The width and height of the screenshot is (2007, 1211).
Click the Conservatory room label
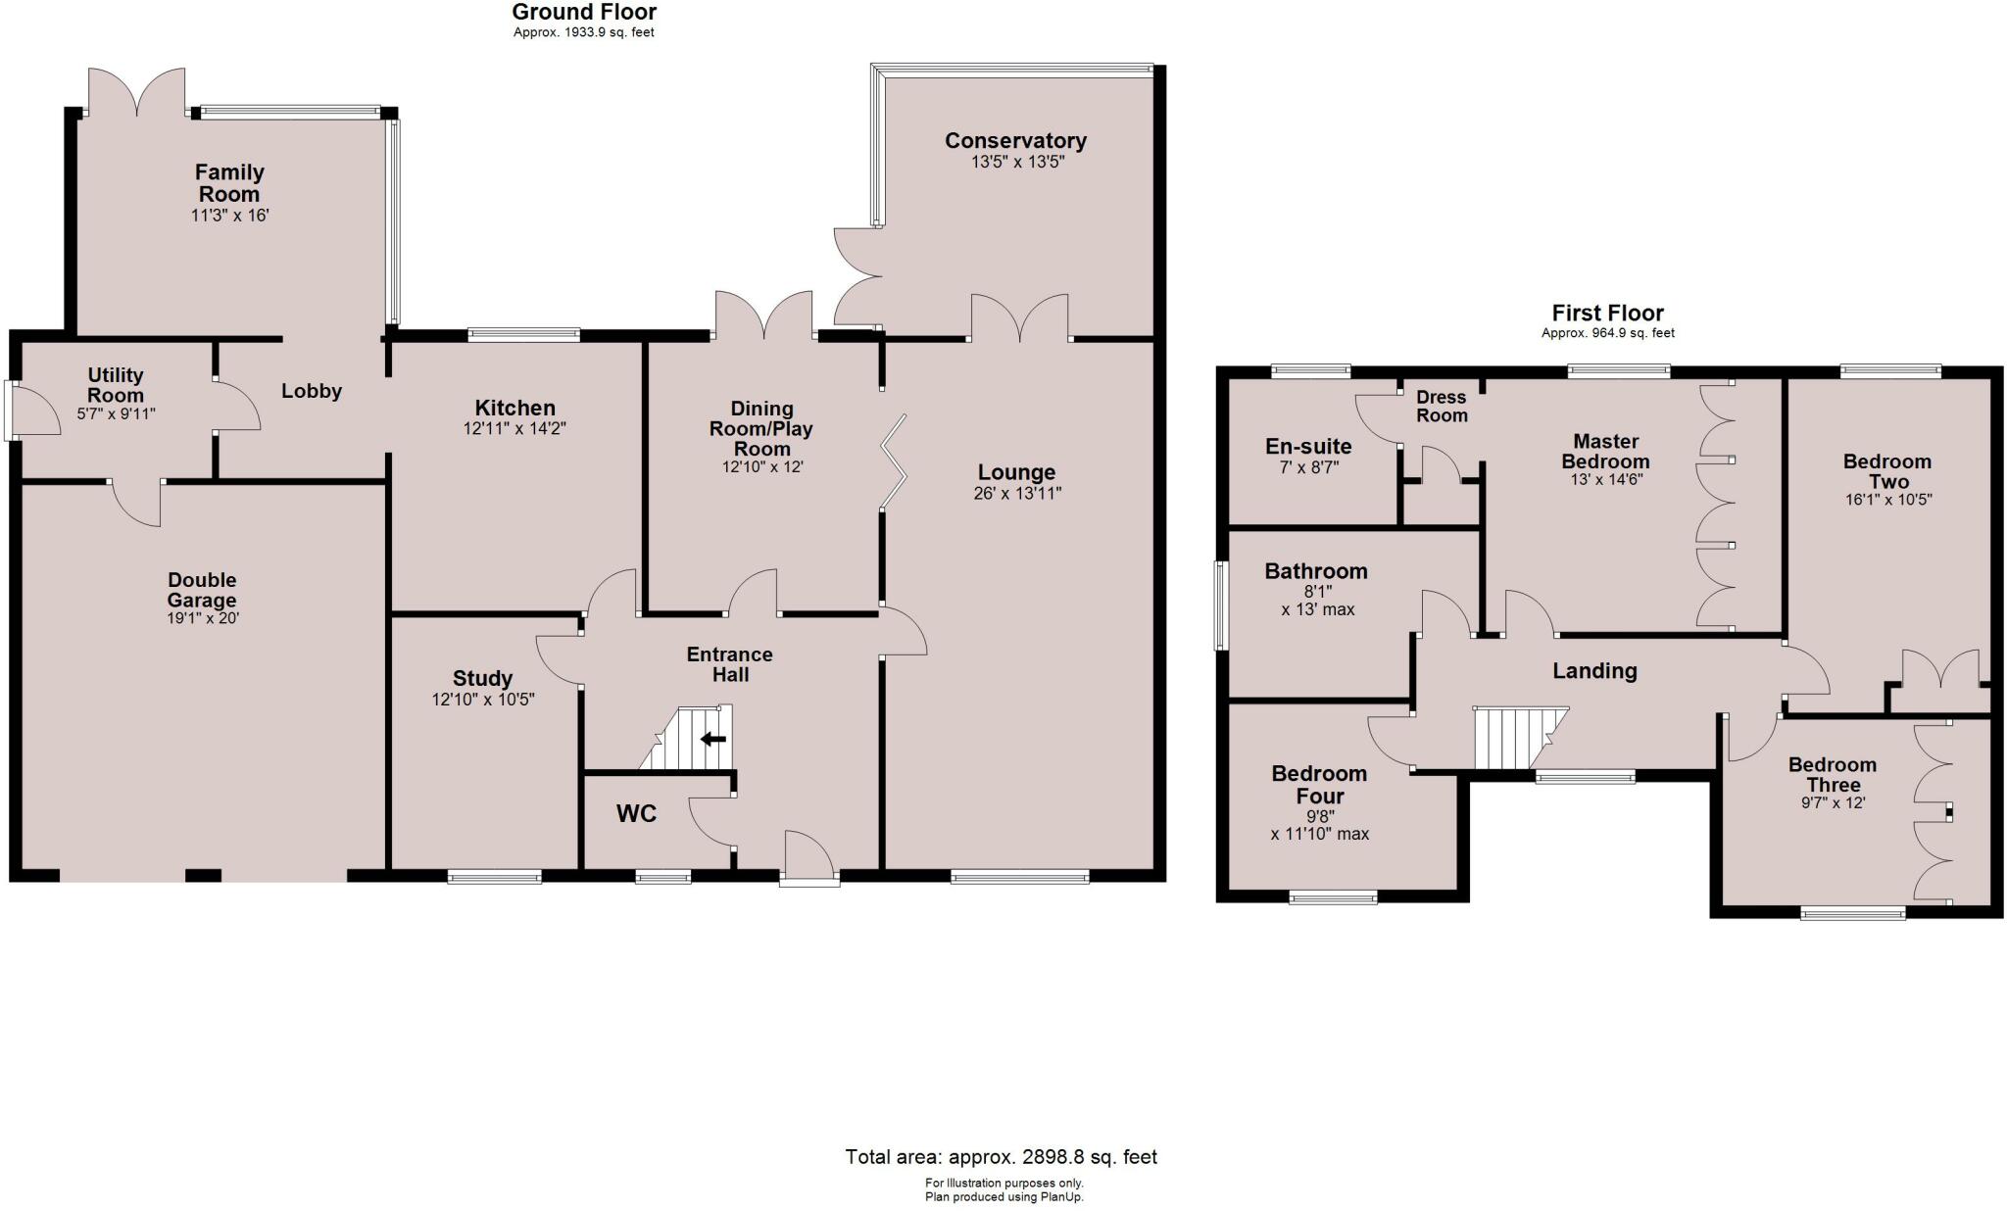pyautogui.click(x=1015, y=140)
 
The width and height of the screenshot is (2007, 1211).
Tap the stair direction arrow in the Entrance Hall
pyautogui.click(x=713, y=739)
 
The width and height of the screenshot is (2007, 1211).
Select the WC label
pyautogui.click(x=636, y=813)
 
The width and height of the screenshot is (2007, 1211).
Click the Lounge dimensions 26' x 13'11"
pyautogui.click(x=1016, y=494)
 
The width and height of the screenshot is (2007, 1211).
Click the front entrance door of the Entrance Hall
pyautogui.click(x=809, y=856)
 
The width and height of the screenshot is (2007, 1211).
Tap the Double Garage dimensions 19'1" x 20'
pyautogui.click(x=202, y=618)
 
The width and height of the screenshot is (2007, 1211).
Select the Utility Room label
pyautogui.click(x=116, y=385)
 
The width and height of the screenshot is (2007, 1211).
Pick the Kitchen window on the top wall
pyautogui.click(x=523, y=335)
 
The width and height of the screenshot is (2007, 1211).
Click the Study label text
pyautogui.click(x=482, y=678)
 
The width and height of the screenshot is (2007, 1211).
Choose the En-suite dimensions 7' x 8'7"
pyautogui.click(x=1308, y=467)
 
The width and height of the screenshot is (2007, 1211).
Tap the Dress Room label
pyautogui.click(x=1441, y=406)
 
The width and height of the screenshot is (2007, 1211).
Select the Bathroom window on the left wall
pyautogui.click(x=1221, y=605)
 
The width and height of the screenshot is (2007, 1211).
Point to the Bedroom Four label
pyautogui.click(x=1319, y=785)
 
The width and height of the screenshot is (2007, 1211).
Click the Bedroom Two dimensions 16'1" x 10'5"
pyautogui.click(x=1886, y=500)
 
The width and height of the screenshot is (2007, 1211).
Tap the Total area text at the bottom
pyautogui.click(x=1001, y=1157)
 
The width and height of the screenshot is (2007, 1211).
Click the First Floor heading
pyautogui.click(x=1607, y=313)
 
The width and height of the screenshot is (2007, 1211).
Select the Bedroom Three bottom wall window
pyautogui.click(x=1853, y=914)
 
